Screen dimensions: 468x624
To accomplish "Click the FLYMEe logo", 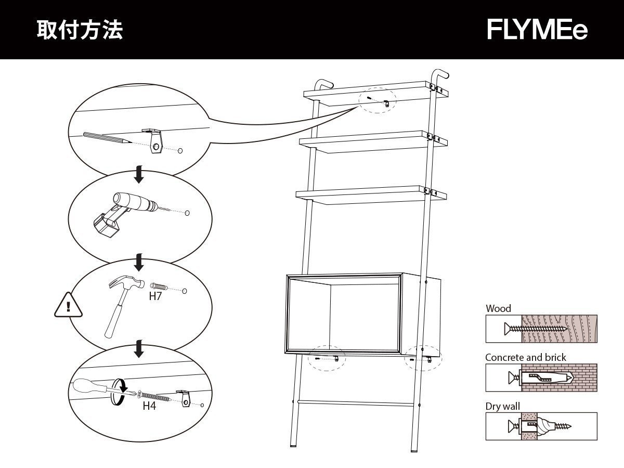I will click(x=537, y=30).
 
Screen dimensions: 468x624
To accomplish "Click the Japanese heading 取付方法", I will click(x=80, y=30).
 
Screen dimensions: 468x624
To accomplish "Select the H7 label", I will click(x=155, y=297).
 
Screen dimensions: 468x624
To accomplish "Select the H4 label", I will click(x=149, y=406).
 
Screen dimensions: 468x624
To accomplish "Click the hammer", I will click(x=124, y=302).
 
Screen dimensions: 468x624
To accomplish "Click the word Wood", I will click(x=498, y=308).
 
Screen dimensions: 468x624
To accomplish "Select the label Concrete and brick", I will click(x=526, y=357).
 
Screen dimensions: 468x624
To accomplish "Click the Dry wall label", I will click(x=502, y=406).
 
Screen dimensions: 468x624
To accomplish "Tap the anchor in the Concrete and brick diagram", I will click(x=546, y=377).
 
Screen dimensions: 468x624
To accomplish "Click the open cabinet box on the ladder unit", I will click(x=359, y=315).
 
